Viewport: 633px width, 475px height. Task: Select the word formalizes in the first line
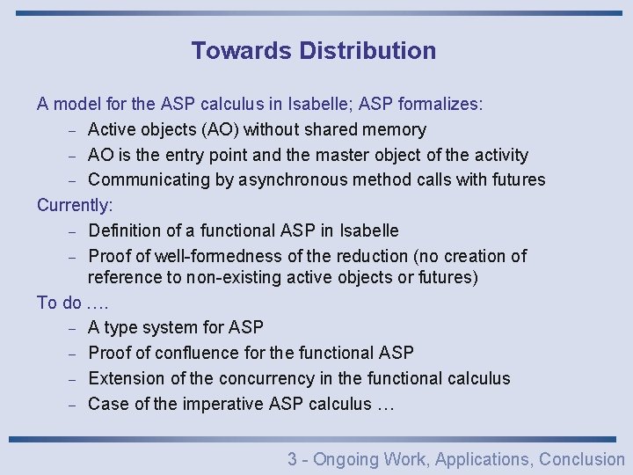tap(440, 105)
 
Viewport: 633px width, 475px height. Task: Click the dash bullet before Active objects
tap(73, 131)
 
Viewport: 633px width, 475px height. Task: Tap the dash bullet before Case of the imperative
tap(73, 406)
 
